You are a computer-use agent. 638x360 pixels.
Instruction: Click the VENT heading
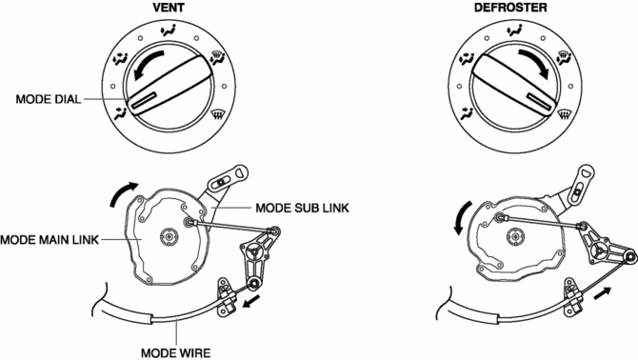point(169,8)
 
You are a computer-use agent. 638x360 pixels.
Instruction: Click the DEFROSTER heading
point(510,8)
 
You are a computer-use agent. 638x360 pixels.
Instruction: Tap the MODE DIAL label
point(49,99)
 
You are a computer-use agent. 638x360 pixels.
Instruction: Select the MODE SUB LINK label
point(302,208)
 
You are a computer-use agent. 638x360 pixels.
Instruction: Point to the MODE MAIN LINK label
point(50,240)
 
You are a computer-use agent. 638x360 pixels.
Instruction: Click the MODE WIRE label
point(176,353)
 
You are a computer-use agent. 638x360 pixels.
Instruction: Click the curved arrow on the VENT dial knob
point(148,64)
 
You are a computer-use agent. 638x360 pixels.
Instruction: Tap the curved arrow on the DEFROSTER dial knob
point(535,62)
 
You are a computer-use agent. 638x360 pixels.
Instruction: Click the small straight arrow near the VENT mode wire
point(251,301)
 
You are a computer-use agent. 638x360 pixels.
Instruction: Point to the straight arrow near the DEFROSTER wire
point(602,293)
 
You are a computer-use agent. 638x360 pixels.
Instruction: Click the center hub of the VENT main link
point(169,236)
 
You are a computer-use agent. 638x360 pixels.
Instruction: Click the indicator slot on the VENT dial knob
point(143,100)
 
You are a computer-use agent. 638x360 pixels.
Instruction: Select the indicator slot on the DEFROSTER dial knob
point(539,101)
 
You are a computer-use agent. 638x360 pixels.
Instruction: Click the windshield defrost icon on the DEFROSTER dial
point(564,115)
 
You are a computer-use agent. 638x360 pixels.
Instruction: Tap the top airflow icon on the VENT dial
point(169,30)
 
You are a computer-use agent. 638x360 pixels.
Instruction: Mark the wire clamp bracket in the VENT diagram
point(226,297)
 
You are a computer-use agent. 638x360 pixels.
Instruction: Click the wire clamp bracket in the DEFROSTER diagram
point(573,297)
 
